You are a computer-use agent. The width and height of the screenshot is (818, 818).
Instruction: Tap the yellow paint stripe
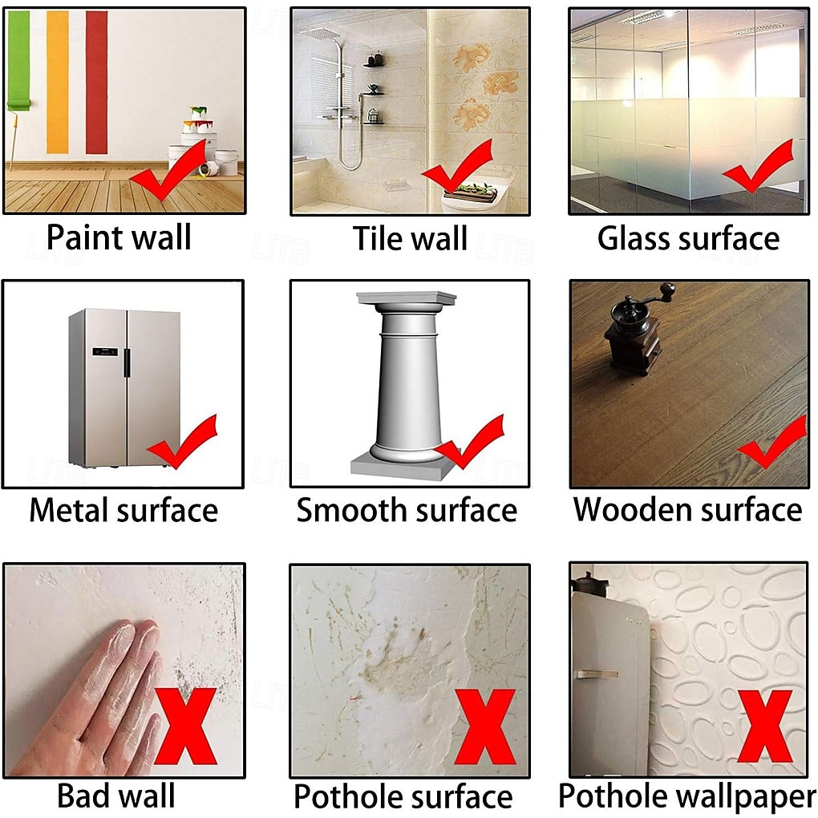[x=58, y=82]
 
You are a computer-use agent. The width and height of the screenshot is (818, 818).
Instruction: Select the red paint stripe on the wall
[x=97, y=82]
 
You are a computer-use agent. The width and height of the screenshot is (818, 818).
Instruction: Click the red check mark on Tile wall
[x=458, y=166]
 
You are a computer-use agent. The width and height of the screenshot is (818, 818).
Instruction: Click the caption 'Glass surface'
[x=688, y=238]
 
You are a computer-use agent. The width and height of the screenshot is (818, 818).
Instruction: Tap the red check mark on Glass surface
[x=759, y=166]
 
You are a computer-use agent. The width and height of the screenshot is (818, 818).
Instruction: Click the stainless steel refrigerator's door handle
[x=126, y=362]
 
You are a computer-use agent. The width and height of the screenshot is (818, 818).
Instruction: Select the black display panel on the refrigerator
[x=105, y=351]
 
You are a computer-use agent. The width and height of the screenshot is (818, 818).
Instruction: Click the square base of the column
[x=399, y=467]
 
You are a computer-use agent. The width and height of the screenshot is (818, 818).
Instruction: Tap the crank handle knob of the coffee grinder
[x=667, y=289]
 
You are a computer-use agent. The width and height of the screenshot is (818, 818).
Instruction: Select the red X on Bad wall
[x=185, y=726]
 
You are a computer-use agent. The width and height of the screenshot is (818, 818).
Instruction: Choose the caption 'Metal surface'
[x=124, y=510]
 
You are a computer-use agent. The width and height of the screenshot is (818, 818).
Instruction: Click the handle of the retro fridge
[x=597, y=674]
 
